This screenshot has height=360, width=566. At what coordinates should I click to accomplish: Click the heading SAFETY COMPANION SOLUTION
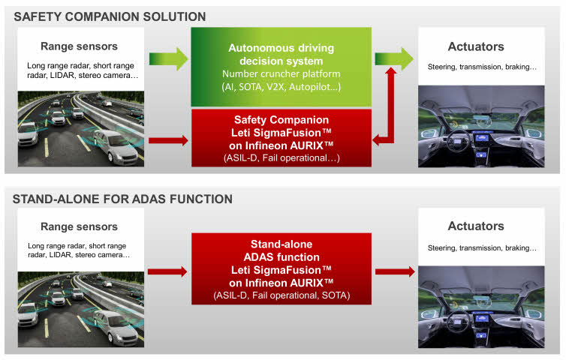tap(110, 16)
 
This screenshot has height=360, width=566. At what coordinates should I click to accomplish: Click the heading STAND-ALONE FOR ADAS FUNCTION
tap(122, 199)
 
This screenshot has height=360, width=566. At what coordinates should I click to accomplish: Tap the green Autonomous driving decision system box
tap(281, 67)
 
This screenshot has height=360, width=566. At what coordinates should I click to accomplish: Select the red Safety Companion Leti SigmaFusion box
tap(281, 138)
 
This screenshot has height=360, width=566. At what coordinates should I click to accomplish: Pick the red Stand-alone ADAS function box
tap(281, 268)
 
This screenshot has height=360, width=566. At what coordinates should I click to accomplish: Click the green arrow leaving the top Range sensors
tap(168, 58)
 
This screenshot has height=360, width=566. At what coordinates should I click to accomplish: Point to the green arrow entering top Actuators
tap(394, 58)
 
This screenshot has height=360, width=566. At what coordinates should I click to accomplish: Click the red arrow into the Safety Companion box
tap(168, 140)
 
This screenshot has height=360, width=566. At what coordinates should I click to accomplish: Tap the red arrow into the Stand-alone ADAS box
tap(167, 271)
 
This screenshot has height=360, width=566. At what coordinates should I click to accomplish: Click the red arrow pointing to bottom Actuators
tap(395, 271)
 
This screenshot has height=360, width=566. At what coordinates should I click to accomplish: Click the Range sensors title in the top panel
tap(79, 46)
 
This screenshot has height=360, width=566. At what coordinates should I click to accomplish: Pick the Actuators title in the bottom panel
tap(476, 226)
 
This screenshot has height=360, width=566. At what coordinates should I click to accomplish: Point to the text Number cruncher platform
tap(281, 73)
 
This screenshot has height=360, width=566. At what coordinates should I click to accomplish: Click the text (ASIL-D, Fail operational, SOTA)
tap(281, 295)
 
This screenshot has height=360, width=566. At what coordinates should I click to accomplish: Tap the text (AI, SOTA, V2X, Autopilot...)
tap(281, 86)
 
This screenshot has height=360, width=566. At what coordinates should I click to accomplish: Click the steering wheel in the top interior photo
tap(459, 142)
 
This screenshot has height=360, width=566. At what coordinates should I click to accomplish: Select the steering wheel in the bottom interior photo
tap(459, 321)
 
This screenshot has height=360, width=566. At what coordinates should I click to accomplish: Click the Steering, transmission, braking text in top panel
tap(482, 67)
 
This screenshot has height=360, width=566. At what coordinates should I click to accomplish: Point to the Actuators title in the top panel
tap(476, 46)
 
